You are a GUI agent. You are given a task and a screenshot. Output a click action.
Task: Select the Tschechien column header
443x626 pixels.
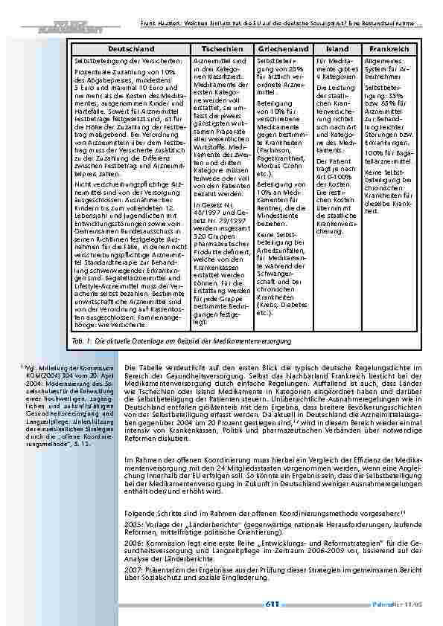[x=216, y=48]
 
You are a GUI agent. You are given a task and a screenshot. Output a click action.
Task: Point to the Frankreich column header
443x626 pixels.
[x=389, y=48]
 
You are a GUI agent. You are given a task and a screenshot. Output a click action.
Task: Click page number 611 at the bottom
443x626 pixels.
[x=273, y=604]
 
